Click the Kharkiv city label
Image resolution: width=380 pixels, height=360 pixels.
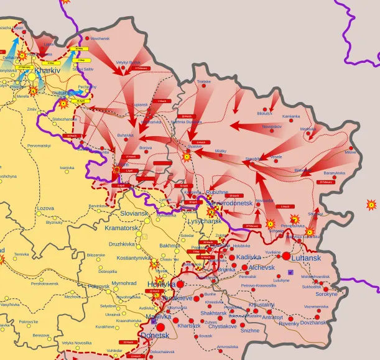click(47, 71)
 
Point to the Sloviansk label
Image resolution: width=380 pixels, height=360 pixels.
click(134, 213)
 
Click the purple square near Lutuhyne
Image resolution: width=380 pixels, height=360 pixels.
click(290, 272)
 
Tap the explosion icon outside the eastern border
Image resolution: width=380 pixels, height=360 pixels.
click(371, 204)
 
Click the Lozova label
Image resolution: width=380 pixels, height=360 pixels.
click(45, 208)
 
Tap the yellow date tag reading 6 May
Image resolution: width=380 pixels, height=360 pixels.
click(51, 63)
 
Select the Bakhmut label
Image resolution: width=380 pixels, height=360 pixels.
click(169, 246)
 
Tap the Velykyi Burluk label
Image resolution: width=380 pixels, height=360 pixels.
click(127, 62)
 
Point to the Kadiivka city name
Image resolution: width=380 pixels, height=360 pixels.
click(249, 257)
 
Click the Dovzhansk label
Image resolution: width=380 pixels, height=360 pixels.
click(313, 323)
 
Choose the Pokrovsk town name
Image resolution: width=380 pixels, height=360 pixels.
click(98, 286)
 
